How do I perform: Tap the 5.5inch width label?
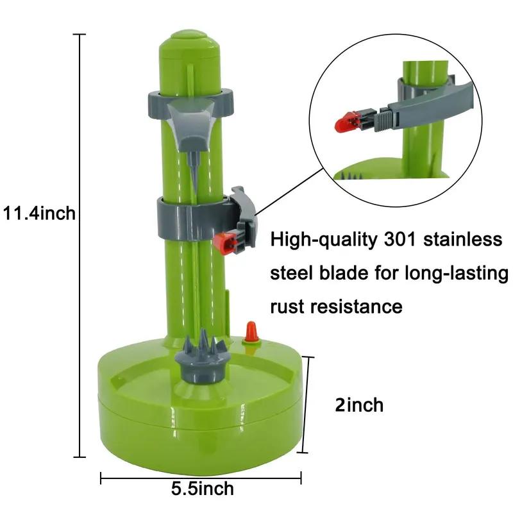click(x=202, y=489)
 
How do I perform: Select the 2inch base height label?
click(x=359, y=405)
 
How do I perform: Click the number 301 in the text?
click(x=403, y=240)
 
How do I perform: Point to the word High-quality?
click(x=324, y=240)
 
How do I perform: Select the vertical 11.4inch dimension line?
click(x=80, y=244)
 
